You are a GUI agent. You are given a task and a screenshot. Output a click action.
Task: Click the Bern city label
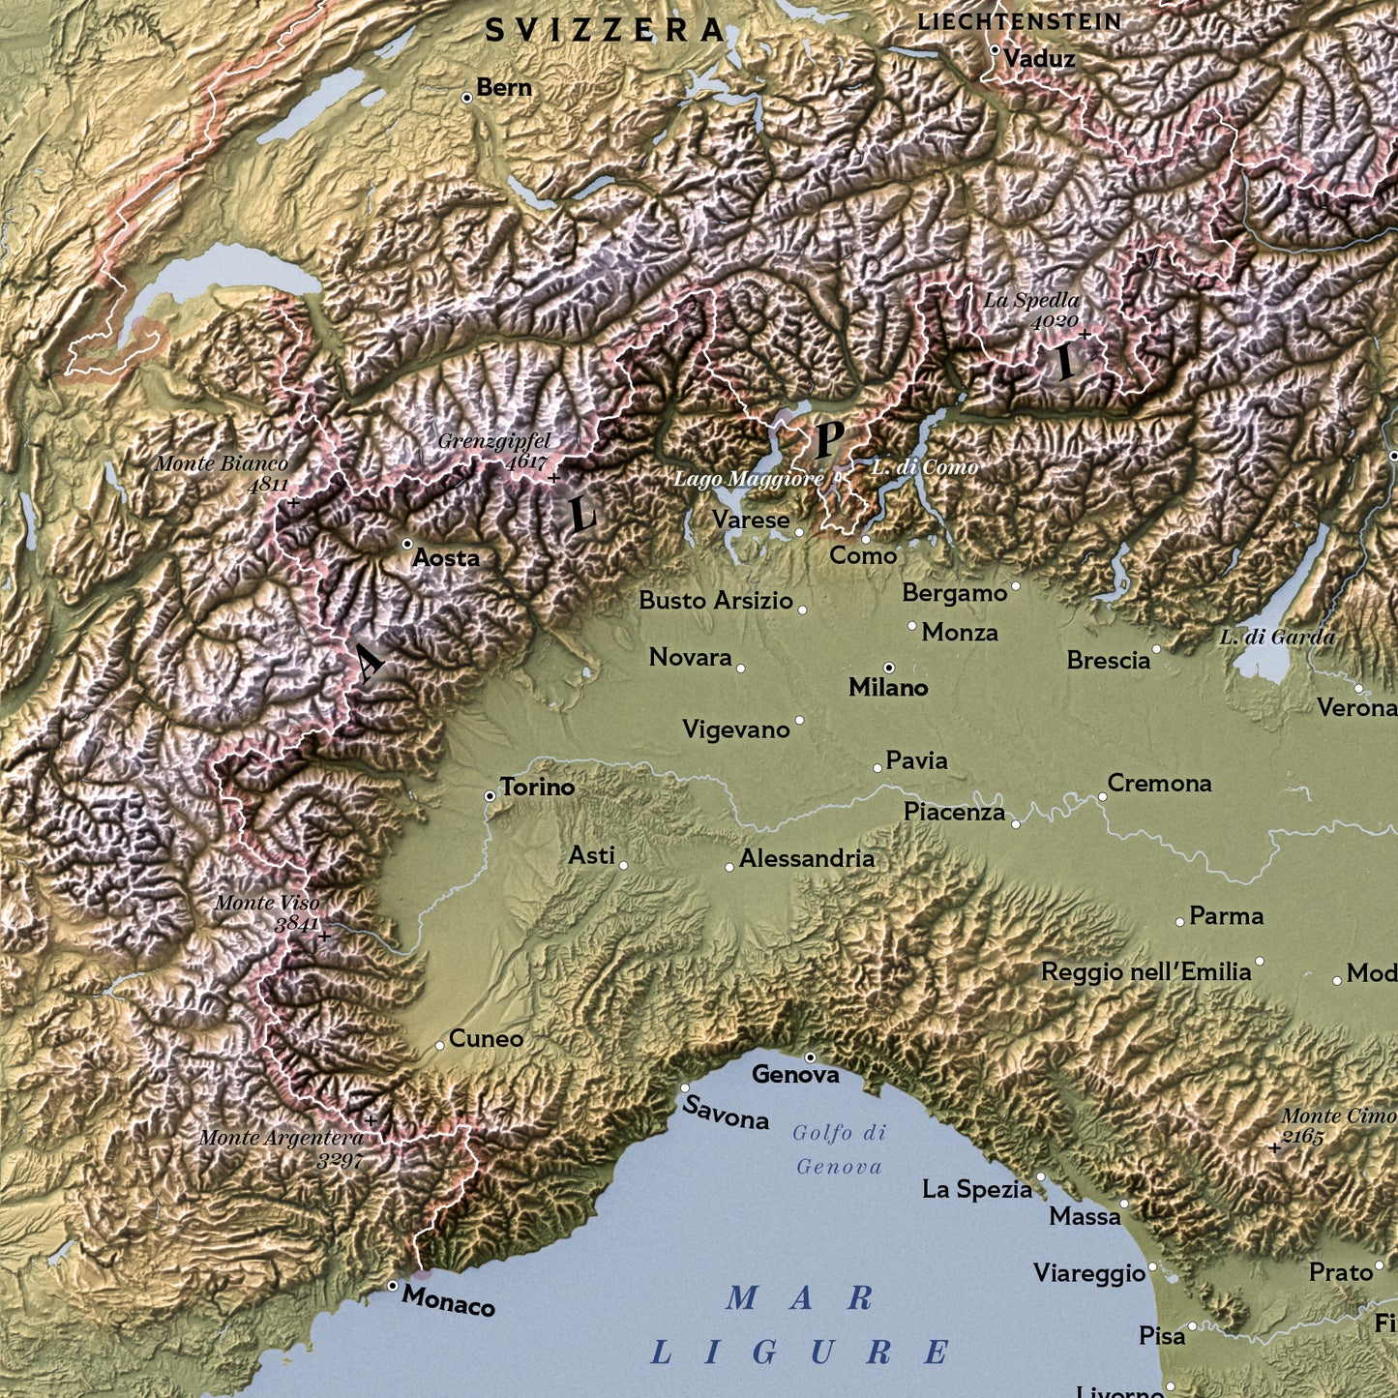pos(503,88)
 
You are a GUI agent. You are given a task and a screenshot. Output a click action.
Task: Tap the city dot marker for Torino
pos(491,795)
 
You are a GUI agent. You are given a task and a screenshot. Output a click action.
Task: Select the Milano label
pos(888,688)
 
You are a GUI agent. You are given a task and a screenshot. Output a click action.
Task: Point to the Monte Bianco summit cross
pos(293,503)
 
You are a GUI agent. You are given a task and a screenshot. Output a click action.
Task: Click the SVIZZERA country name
pos(605,31)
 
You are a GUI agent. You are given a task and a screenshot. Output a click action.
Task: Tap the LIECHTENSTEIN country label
pos(1019,21)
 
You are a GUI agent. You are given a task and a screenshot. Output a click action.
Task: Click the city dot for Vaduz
pos(995,50)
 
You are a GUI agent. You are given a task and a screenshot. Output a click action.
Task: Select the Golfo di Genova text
pos(839,1149)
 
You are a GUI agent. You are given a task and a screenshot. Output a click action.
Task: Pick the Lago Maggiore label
pos(748,479)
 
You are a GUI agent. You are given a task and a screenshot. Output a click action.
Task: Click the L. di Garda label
pos(1276,638)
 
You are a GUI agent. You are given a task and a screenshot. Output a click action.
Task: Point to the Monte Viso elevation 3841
pos(296,924)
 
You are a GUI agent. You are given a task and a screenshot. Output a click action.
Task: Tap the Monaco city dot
pos(392,1286)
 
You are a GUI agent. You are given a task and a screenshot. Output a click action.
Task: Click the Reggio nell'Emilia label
pos(1145,972)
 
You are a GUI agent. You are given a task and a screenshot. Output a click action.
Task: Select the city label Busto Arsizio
pos(715,601)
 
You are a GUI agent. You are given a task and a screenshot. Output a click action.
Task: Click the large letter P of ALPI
pos(828,439)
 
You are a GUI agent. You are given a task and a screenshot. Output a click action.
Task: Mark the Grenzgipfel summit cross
pos(553,478)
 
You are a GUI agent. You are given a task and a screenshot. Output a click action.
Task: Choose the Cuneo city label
pos(486,1039)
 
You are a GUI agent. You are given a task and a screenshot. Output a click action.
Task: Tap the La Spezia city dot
pos(1041,1177)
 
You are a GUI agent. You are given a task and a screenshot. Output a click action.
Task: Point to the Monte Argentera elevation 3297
pos(340,1158)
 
